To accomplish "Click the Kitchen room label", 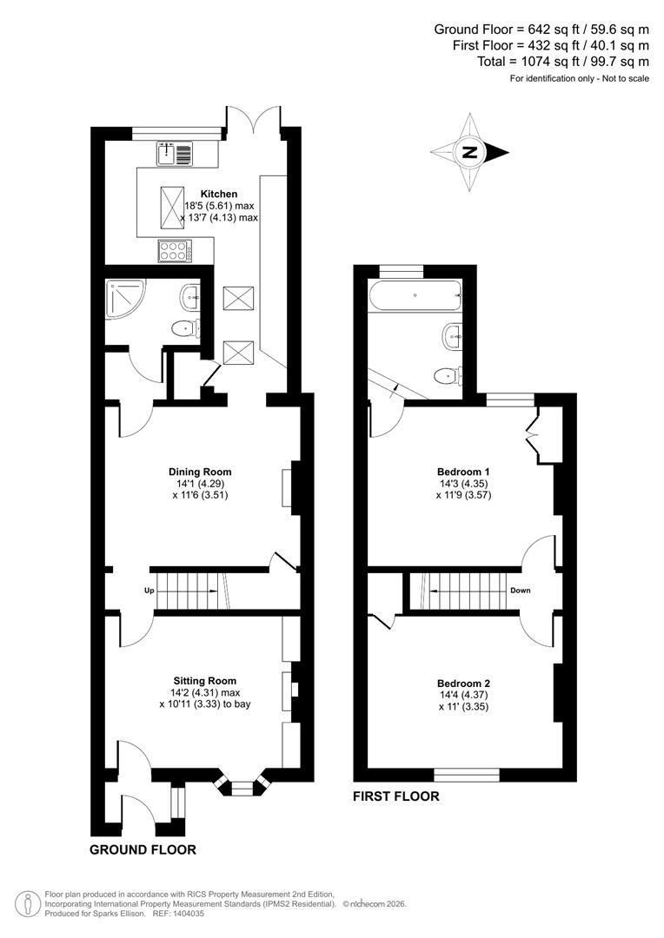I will pyautogui.click(x=218, y=194).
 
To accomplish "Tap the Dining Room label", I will pyautogui.click(x=201, y=472).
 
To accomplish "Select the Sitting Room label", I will pyautogui.click(x=204, y=681).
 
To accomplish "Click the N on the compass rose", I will pyautogui.click(x=470, y=152).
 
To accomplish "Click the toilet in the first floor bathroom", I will pyautogui.click(x=446, y=374).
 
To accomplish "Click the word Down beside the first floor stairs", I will pyautogui.click(x=521, y=591).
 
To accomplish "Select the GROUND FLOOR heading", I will pyautogui.click(x=143, y=849).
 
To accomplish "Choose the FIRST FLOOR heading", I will pyautogui.click(x=395, y=796).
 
